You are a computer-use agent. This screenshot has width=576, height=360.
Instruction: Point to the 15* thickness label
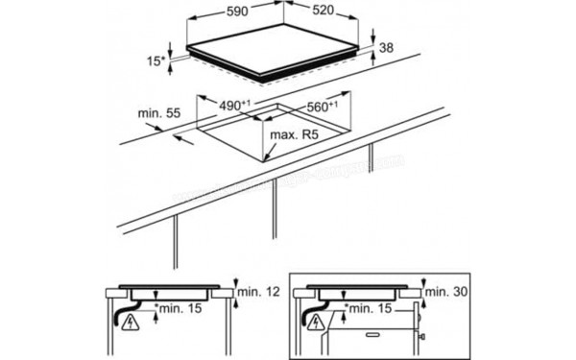point(154,60)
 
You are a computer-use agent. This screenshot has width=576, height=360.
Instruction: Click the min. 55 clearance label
point(158,114)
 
